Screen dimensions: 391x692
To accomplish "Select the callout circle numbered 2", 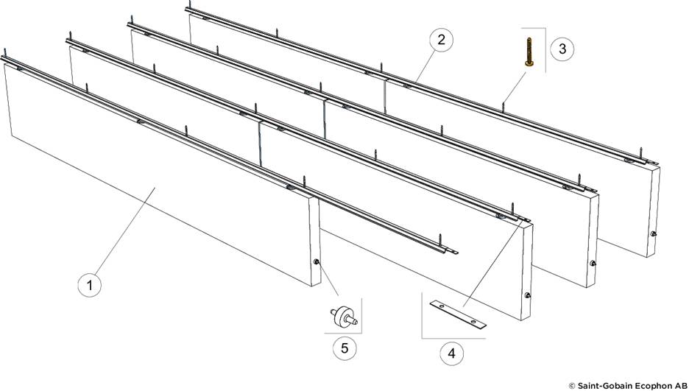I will tap(440, 40).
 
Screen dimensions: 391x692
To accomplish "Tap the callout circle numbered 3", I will tap(562, 49).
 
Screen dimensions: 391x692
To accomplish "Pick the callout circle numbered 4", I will tap(451, 353).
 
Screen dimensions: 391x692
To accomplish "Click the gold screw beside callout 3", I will tap(529, 52).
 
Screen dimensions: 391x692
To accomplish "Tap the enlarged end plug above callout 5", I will tap(342, 317).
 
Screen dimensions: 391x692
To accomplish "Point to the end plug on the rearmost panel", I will tap(654, 235).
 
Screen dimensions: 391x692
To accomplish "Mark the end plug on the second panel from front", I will tap(527, 295).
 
